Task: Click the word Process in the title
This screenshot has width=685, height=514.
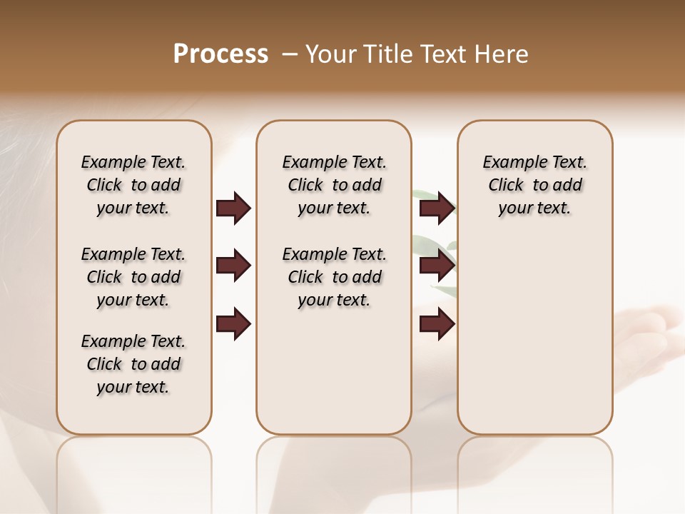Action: click(x=220, y=54)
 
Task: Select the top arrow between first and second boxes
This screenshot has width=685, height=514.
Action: click(x=233, y=208)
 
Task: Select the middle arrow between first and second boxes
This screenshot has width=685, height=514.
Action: click(x=233, y=266)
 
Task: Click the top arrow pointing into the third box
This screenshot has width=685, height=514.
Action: click(x=437, y=208)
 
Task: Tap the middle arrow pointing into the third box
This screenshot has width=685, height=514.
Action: click(x=437, y=266)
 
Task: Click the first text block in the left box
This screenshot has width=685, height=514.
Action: click(x=133, y=185)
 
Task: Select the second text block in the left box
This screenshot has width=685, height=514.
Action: click(x=133, y=277)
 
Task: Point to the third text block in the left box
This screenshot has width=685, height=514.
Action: click(x=133, y=364)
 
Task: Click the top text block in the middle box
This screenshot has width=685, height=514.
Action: click(x=334, y=185)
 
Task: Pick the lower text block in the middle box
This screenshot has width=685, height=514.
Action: click(x=334, y=277)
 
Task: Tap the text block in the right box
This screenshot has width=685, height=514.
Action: click(x=535, y=185)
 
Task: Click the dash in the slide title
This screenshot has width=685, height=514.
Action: click(x=290, y=54)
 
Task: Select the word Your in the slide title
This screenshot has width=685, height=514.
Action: click(x=332, y=54)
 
